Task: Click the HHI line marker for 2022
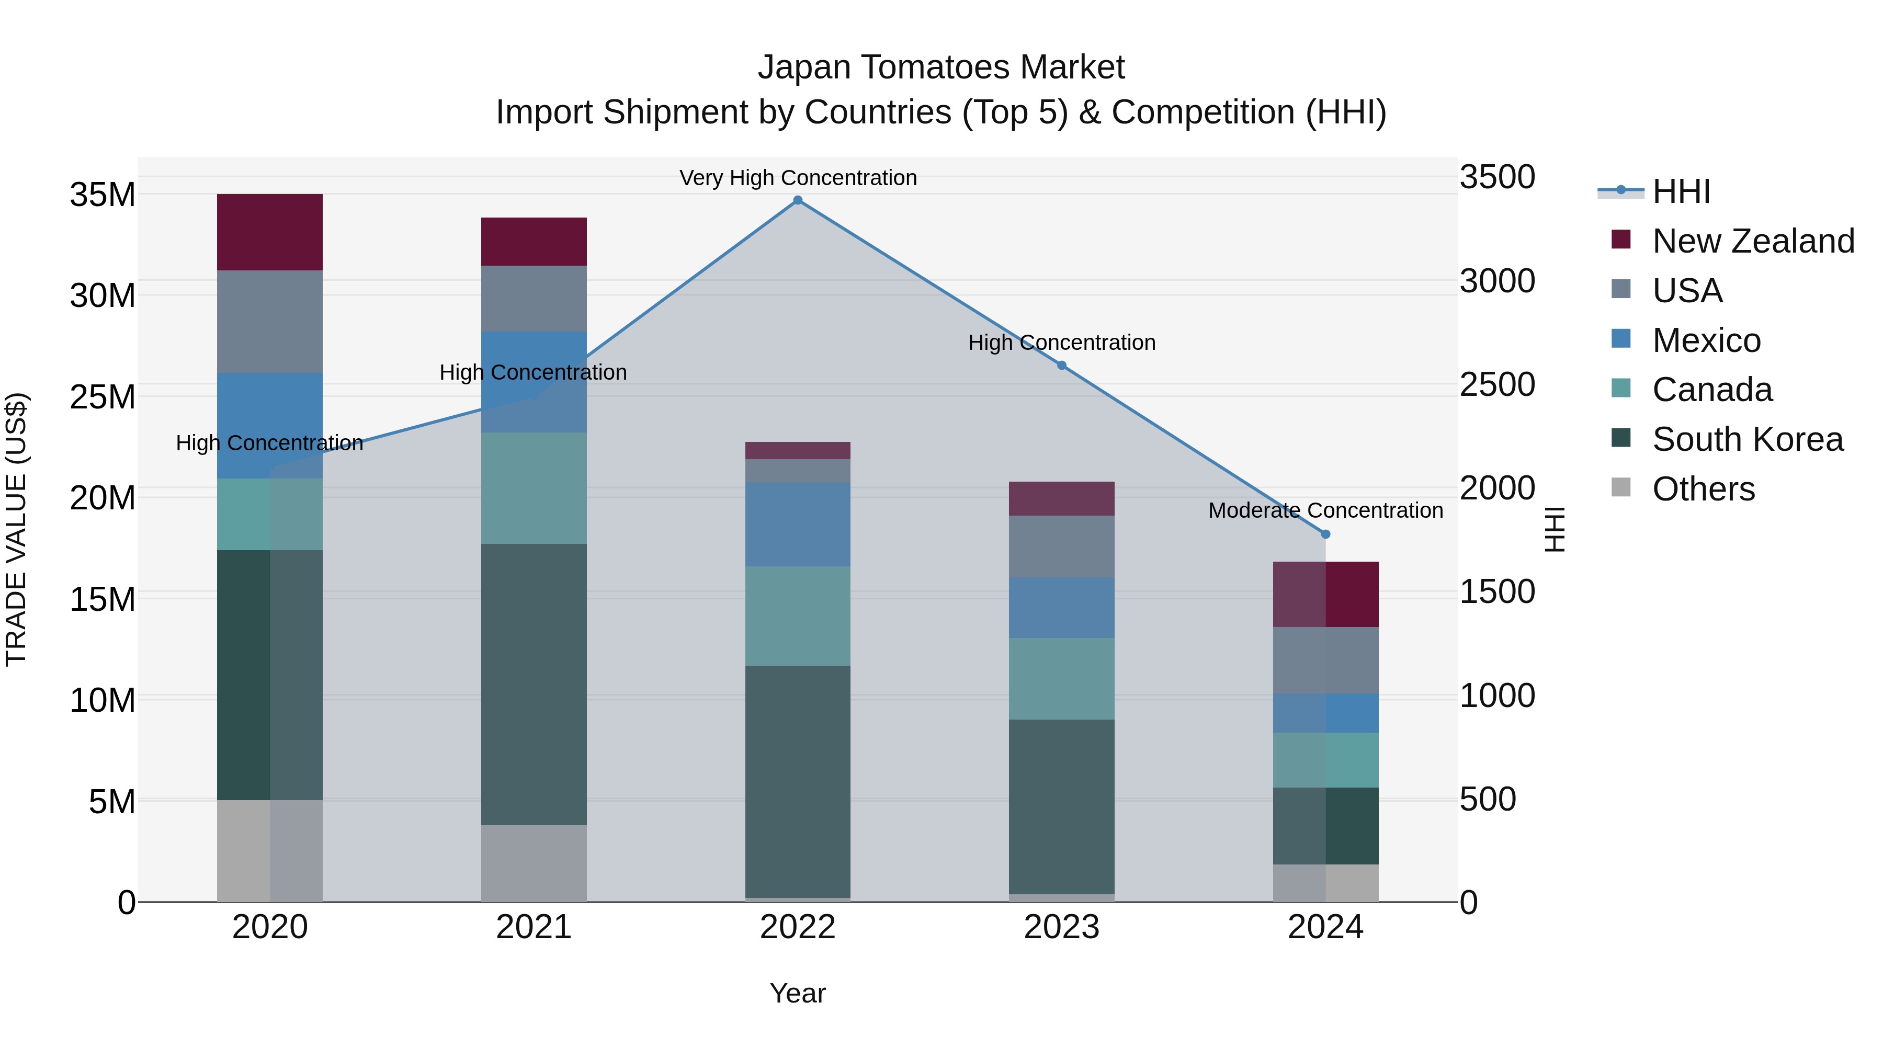coord(798,200)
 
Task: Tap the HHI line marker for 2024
coord(1325,534)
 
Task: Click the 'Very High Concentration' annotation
coord(798,178)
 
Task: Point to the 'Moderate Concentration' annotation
coord(1325,510)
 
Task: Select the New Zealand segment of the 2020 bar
coord(270,232)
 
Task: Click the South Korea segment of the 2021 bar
coord(534,684)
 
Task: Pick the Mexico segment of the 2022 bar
coord(798,524)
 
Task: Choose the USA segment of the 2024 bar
coord(1325,660)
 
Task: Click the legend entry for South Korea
coord(1747,439)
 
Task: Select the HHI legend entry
coord(1681,191)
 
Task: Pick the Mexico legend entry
coord(1706,340)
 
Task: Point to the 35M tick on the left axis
coord(103,195)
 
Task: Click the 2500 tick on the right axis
coord(1497,384)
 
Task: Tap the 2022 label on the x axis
coord(798,927)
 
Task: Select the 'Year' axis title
coord(798,993)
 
